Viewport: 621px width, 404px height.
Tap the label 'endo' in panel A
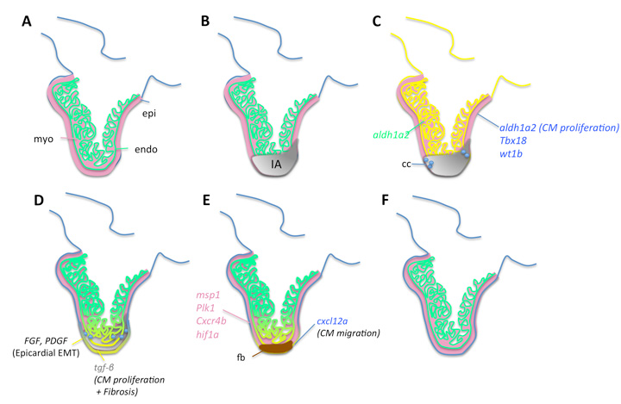click(147, 149)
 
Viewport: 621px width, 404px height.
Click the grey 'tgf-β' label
click(106, 366)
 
